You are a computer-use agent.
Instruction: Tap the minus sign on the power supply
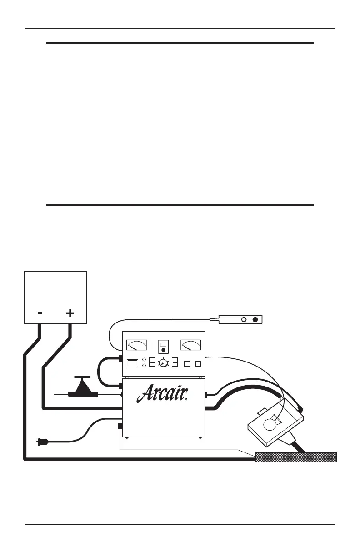pos(40,313)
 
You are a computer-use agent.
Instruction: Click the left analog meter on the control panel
pos(137,346)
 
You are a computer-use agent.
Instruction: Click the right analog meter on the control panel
pos(191,346)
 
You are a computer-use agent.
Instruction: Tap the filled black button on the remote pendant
pos(255,320)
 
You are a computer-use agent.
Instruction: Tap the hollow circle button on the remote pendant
pos(244,320)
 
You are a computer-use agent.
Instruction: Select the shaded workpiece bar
pos(296,457)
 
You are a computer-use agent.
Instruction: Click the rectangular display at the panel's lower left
pos(133,363)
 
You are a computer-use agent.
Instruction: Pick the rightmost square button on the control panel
pos(197,364)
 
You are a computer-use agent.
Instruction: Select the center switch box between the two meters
pos(163,347)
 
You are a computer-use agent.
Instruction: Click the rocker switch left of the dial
pos(152,363)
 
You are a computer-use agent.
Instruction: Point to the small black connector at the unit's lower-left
pos(120,427)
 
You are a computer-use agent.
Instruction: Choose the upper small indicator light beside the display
pos(144,361)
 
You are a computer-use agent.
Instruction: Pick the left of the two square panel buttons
pos(187,364)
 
